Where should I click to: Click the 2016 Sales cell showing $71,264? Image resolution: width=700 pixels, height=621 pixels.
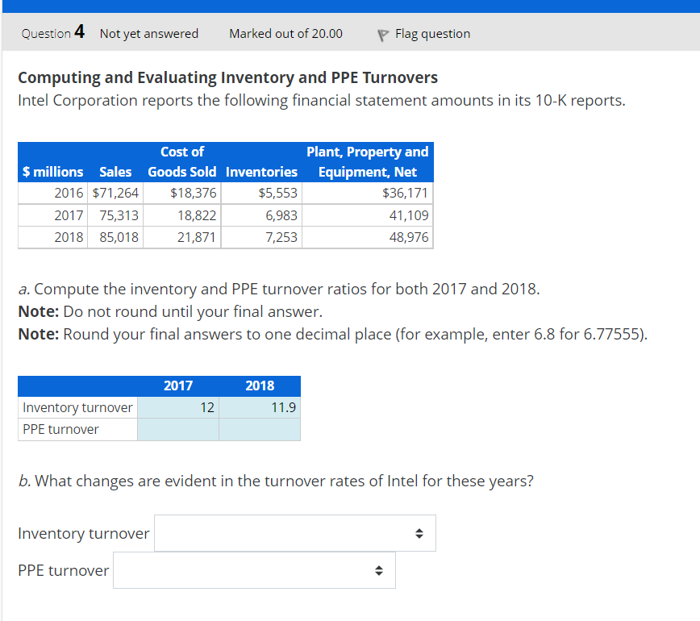(x=117, y=194)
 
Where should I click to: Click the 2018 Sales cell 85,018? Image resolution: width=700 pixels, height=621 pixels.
(x=118, y=238)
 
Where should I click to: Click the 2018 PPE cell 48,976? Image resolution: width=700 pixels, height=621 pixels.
(x=409, y=238)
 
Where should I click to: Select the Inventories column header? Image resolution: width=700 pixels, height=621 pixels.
(x=261, y=172)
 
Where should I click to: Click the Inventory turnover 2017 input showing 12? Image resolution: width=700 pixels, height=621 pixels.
(x=178, y=407)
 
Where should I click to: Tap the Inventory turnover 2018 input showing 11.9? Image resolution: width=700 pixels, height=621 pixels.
(x=260, y=407)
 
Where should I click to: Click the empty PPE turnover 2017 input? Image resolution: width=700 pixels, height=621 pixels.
(x=178, y=429)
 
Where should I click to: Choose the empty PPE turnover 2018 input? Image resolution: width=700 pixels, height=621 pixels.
(x=260, y=429)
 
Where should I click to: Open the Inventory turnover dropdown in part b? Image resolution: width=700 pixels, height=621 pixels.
(x=295, y=533)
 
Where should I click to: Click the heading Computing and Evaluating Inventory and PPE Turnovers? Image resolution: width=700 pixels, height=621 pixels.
(x=228, y=77)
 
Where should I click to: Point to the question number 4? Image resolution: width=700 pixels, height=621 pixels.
(x=79, y=33)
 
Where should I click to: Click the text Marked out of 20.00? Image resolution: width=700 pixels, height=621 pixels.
(x=285, y=34)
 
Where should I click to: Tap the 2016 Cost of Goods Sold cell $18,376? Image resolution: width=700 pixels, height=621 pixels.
(x=194, y=194)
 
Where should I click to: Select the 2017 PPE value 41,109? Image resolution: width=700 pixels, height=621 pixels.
(x=409, y=215)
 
